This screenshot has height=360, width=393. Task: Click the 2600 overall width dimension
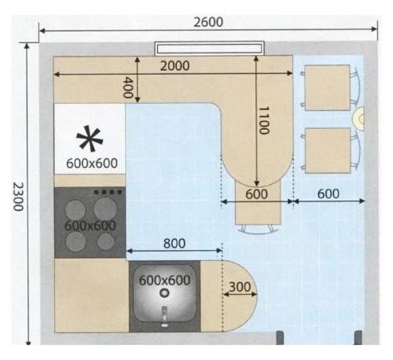(x=208, y=22)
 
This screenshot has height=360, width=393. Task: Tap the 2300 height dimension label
(x=18, y=197)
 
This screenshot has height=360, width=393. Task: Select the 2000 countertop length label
(x=174, y=66)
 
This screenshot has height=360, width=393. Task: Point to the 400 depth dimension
(x=128, y=87)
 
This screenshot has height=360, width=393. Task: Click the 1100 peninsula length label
(x=264, y=120)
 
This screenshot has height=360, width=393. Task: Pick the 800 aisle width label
(x=174, y=244)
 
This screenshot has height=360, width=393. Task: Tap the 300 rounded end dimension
(x=240, y=287)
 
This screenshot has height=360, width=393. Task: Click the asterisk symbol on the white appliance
(x=90, y=138)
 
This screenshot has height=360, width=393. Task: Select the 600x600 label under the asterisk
(x=92, y=163)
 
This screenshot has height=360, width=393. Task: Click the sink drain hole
(x=164, y=292)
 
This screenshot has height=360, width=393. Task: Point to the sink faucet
(x=164, y=317)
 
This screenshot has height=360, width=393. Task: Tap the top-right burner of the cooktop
(x=105, y=209)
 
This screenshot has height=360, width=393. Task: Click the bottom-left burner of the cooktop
(x=75, y=241)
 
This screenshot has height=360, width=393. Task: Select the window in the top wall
(x=209, y=49)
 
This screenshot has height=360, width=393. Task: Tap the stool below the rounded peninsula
(x=258, y=207)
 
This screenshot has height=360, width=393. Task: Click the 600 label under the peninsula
(x=256, y=194)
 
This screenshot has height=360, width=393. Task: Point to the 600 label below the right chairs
(x=329, y=194)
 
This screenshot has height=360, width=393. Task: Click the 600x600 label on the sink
(x=164, y=281)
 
